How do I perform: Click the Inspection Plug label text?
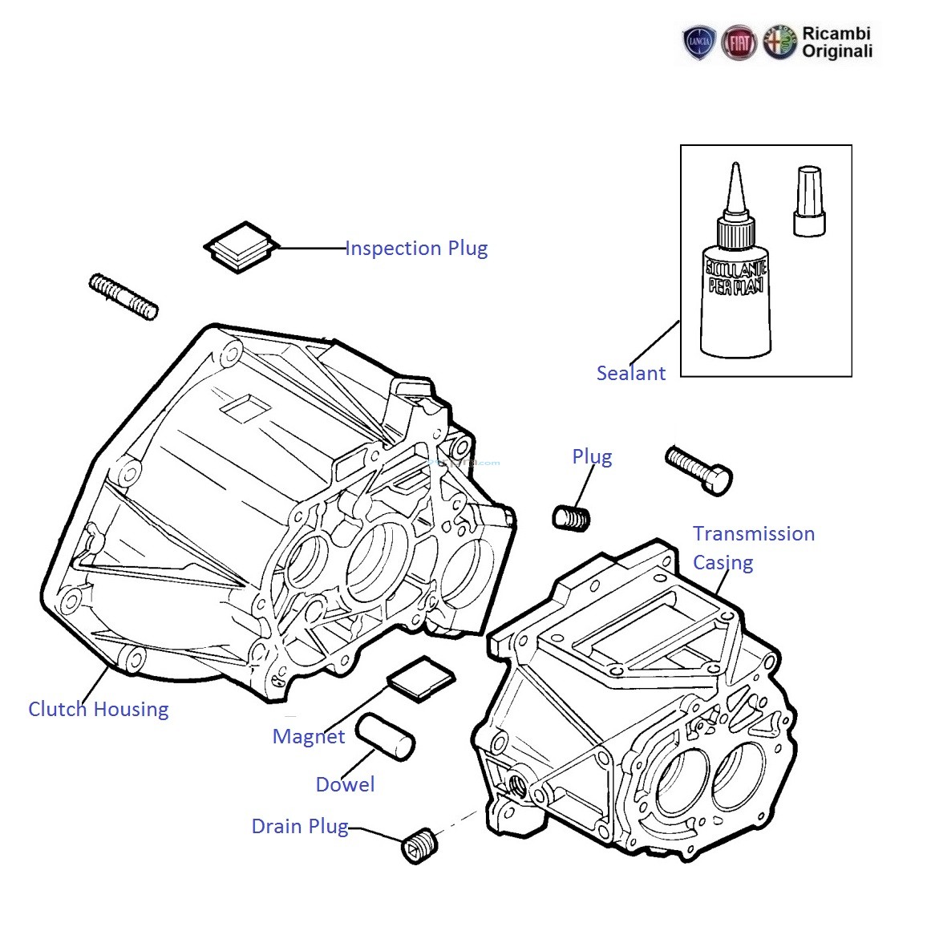point(415,249)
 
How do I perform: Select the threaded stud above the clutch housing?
point(123,297)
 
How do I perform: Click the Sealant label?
point(630,373)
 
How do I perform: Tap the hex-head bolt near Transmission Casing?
point(698,470)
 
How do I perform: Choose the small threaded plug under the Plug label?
point(572,517)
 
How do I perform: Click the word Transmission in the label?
point(753,534)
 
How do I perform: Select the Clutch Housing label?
point(98,709)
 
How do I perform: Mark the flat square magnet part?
point(420,678)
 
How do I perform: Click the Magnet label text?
point(308,736)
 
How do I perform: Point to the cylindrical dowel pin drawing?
point(386,736)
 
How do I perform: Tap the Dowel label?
point(345,784)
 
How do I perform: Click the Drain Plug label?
point(299,826)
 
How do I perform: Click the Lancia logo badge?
point(698,43)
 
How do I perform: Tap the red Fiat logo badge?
point(738,43)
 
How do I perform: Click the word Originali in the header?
point(837,52)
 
